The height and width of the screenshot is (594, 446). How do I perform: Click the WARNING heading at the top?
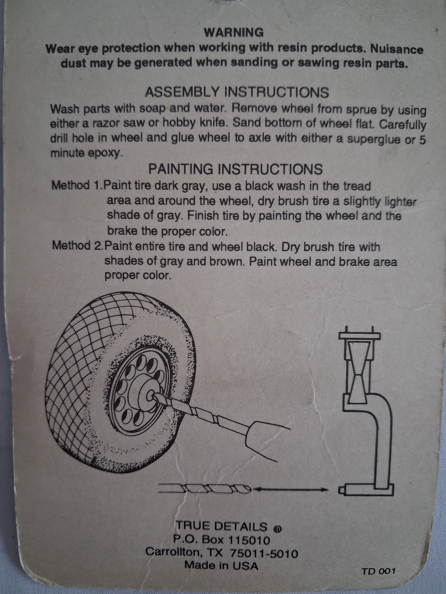click(234, 32)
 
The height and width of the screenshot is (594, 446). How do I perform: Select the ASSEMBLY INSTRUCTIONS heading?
click(237, 92)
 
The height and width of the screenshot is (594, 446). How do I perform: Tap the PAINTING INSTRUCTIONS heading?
click(236, 169)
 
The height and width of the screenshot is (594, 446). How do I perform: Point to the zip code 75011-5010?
click(264, 554)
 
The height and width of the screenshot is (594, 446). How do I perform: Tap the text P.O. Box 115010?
click(222, 540)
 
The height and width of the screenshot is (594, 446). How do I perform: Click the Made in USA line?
click(221, 566)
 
